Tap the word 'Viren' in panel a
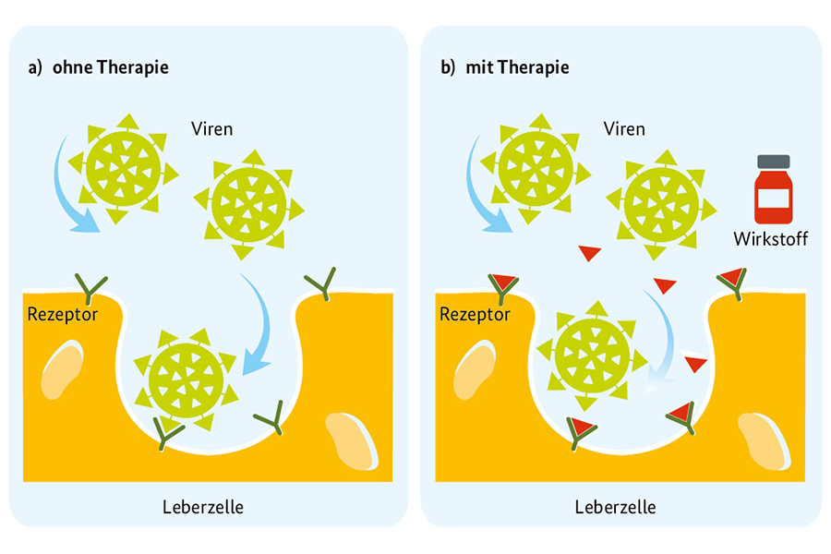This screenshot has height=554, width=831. pos(212,128)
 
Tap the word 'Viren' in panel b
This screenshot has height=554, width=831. pos(624,128)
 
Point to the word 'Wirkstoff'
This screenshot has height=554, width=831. pos(771,239)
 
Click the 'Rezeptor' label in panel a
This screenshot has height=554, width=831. pos(64,314)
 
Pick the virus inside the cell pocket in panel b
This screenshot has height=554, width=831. pos(592,355)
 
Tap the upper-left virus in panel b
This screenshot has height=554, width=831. pos(536,168)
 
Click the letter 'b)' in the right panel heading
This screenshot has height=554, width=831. pos(448,67)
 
